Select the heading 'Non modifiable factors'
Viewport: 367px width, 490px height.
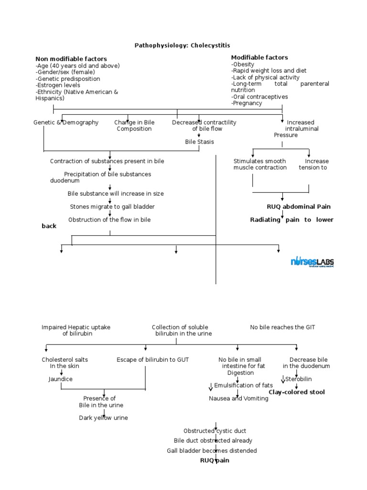pyautogui.click(x=71, y=59)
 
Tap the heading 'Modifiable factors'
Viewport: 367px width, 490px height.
pyautogui.click(x=259, y=57)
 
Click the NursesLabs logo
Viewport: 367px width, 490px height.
pyautogui.click(x=312, y=262)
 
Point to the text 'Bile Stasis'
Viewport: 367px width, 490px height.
pyautogui.click(x=199, y=142)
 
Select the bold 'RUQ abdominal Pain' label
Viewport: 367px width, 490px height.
pyautogui.click(x=298, y=207)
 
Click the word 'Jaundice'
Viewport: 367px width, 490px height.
pyautogui.click(x=60, y=379)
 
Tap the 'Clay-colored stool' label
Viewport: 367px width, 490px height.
pyautogui.click(x=296, y=392)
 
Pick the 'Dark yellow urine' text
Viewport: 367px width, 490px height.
pyautogui.click(x=103, y=418)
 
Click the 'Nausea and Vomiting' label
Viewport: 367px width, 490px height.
pyautogui.click(x=238, y=399)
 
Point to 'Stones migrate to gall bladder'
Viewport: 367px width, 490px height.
pyautogui.click(x=112, y=207)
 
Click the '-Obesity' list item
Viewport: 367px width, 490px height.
pyautogui.click(x=243, y=64)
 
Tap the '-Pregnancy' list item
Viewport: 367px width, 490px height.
pyautogui.click(x=247, y=103)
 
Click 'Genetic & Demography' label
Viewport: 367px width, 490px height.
pyautogui.click(x=66, y=122)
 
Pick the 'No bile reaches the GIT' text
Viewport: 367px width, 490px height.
pyautogui.click(x=282, y=327)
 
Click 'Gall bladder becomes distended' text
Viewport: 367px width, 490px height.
pyautogui.click(x=212, y=451)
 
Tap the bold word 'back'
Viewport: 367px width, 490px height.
pyautogui.click(x=49, y=226)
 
